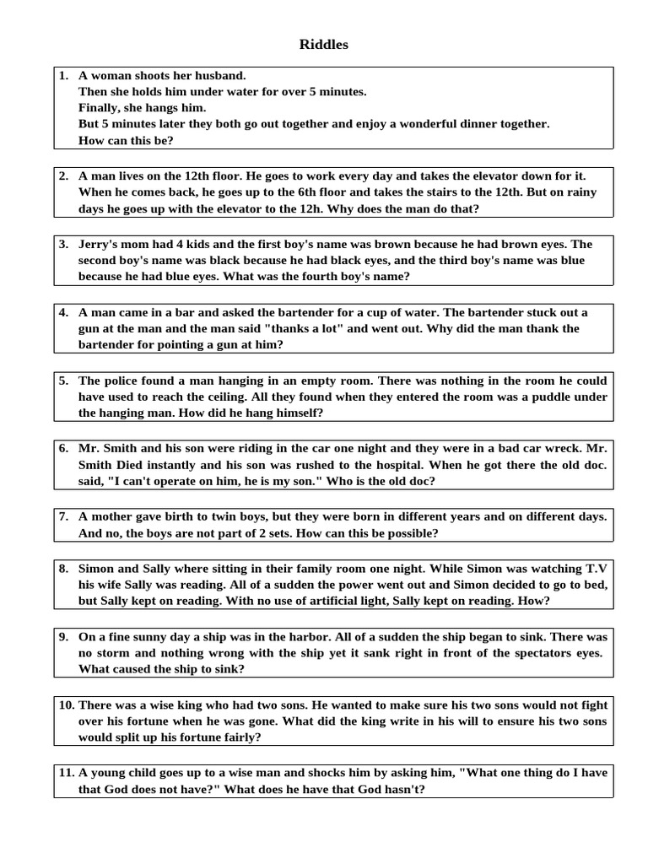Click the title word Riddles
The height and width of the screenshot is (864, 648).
click(x=323, y=45)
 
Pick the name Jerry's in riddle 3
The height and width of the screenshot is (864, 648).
click(x=99, y=244)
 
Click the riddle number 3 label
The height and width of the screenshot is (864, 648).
click(x=64, y=244)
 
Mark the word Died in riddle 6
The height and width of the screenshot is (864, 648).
click(x=132, y=465)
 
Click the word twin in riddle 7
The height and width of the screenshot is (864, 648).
click(x=213, y=516)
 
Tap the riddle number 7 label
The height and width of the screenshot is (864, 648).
click(x=64, y=516)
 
